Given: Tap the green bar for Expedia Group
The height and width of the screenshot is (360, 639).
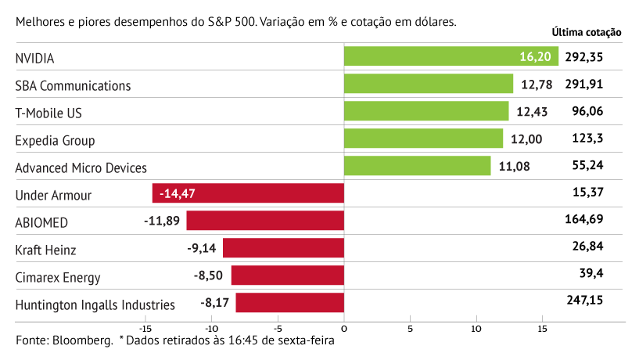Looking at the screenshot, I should (x=423, y=139).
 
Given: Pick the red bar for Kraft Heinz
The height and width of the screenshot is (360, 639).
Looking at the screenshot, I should (x=283, y=248).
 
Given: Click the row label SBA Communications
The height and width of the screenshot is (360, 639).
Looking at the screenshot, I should (x=73, y=85).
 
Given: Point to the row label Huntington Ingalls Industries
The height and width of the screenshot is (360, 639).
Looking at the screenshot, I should (x=95, y=304).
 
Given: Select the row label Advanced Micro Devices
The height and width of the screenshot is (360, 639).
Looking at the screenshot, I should (x=81, y=167).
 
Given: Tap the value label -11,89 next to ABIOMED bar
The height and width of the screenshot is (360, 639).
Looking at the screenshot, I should (x=162, y=221).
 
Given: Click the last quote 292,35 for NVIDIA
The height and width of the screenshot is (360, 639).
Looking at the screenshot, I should (x=584, y=57).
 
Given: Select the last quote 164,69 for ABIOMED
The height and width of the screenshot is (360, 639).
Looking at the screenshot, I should (x=584, y=219).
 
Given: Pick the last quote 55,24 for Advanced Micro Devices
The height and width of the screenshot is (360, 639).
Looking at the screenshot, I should (x=588, y=166).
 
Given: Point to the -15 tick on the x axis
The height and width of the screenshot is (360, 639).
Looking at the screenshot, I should (x=145, y=329).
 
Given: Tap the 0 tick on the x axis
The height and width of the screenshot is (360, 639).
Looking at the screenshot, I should (x=344, y=329).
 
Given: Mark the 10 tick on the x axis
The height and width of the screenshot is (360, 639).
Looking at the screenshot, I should (x=476, y=329).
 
